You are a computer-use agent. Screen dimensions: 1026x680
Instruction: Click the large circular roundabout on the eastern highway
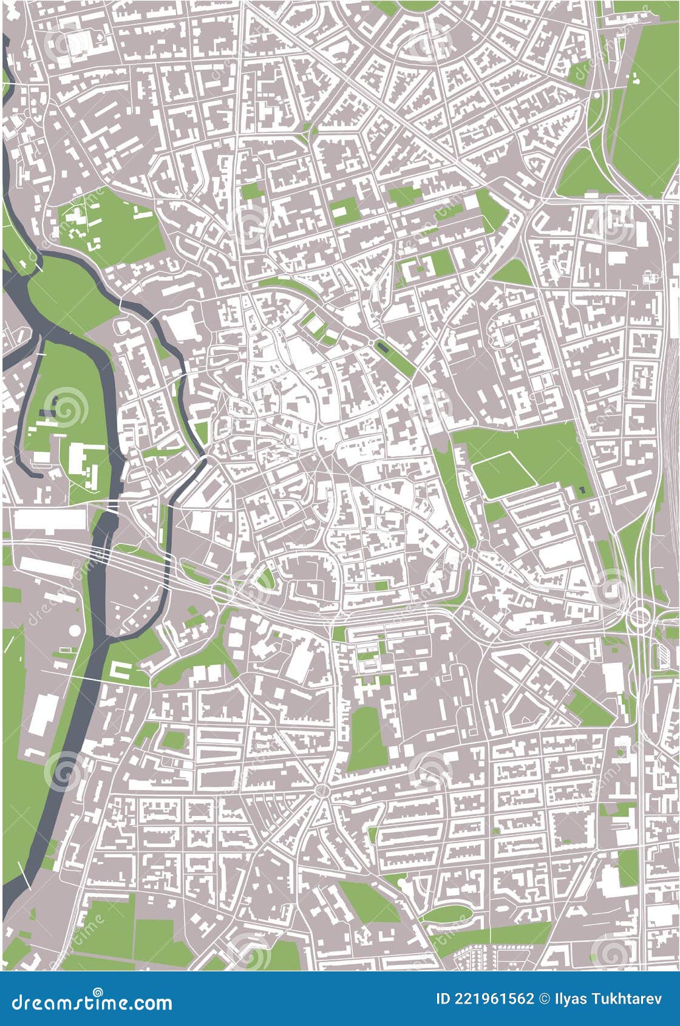coord(639,617)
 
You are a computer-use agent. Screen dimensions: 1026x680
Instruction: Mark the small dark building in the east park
coord(582,489)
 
